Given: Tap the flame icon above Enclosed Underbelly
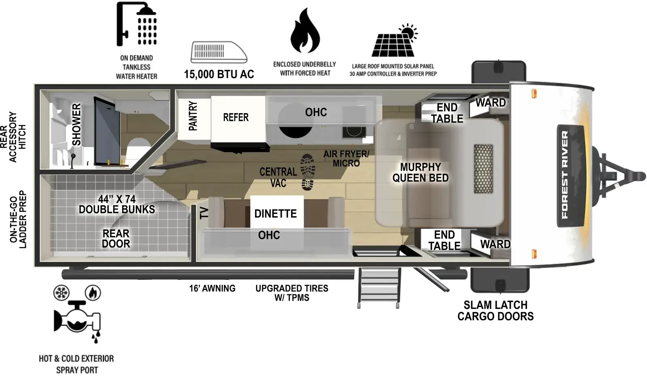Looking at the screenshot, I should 305,32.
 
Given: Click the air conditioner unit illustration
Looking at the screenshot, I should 219,52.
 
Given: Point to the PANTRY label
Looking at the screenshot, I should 193,116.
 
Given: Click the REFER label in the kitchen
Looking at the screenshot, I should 236,118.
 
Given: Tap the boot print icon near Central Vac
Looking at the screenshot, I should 308,172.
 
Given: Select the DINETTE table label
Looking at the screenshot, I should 275,213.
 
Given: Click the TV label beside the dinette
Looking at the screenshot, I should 204,213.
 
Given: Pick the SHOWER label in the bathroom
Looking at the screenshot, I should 76,125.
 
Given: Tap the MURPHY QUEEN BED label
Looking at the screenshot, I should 421,173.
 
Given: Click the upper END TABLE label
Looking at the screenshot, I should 447,113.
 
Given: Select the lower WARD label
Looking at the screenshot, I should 495,244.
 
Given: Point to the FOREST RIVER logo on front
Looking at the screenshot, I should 565,175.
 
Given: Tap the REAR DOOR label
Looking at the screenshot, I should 116,239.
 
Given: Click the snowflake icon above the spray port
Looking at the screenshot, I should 61,292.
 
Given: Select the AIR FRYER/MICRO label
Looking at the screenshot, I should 346,158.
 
